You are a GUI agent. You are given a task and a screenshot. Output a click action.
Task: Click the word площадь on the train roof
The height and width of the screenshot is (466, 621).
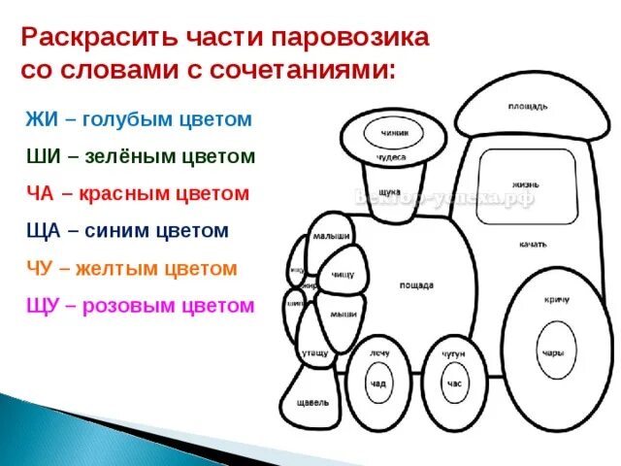click(528, 105)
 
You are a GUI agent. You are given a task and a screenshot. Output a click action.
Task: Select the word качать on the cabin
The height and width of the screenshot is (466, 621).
click(531, 244)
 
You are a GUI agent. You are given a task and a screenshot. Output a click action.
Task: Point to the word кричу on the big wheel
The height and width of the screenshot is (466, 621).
click(556, 301)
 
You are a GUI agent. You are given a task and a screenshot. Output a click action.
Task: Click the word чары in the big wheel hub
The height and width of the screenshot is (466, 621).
click(553, 352)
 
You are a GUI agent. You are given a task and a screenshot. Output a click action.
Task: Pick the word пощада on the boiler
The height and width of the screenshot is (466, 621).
click(416, 285)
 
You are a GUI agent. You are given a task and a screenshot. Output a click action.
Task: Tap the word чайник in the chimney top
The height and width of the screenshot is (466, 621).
click(394, 133)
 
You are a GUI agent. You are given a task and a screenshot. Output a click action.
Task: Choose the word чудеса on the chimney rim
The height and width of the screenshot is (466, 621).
click(392, 156)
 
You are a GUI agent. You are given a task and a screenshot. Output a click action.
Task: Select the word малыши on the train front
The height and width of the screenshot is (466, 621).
click(332, 236)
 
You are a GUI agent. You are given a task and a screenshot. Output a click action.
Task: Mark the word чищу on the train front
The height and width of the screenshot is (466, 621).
click(342, 275)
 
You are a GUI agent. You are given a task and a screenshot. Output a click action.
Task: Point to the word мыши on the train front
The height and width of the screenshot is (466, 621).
click(342, 314)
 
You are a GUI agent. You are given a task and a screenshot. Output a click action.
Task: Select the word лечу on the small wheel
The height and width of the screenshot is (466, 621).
click(378, 353)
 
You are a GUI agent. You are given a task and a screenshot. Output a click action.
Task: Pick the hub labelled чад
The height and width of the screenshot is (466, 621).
click(377, 384)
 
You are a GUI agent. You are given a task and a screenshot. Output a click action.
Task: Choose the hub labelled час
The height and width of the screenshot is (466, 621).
click(453, 384)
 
